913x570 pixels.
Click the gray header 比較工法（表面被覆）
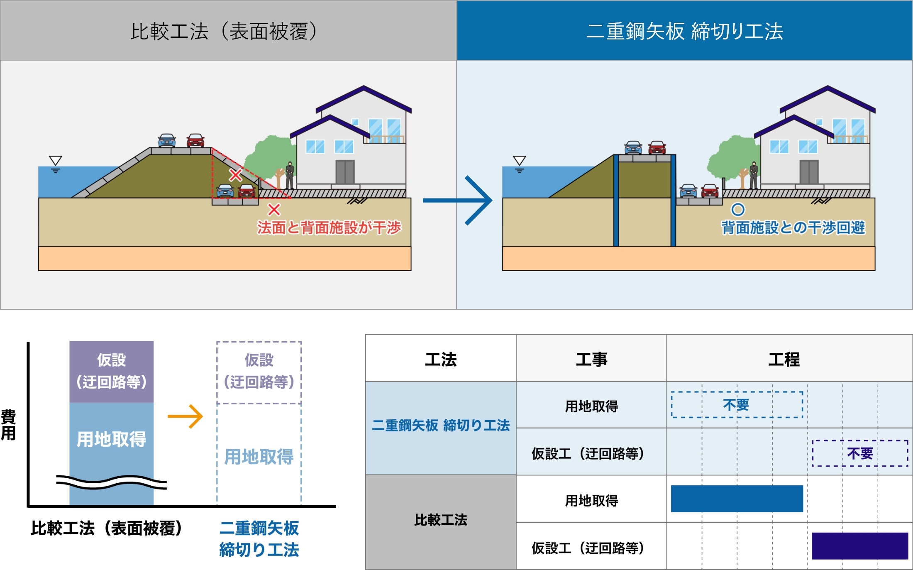[224, 31]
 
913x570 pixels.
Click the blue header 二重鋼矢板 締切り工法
[685, 31]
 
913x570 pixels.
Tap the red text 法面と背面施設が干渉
[329, 228]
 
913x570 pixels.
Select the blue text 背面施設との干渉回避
[793, 228]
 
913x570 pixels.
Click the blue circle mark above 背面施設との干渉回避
[738, 209]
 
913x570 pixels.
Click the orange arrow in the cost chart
[186, 416]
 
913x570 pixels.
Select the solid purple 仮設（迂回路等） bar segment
[111, 371]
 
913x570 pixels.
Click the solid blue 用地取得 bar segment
[111, 439]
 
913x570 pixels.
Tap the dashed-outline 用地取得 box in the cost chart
[259, 456]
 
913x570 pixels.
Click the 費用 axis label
[8, 425]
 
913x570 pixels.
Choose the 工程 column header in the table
[784, 359]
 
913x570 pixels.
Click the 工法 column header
[441, 359]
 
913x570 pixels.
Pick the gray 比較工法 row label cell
[441, 520]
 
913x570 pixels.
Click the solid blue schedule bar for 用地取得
[737, 498]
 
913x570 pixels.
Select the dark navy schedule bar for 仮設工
[860, 546]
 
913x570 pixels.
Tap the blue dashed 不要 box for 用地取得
[737, 405]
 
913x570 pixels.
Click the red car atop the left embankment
[195, 140]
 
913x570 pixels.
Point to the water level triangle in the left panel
[55, 160]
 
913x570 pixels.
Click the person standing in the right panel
[754, 175]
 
